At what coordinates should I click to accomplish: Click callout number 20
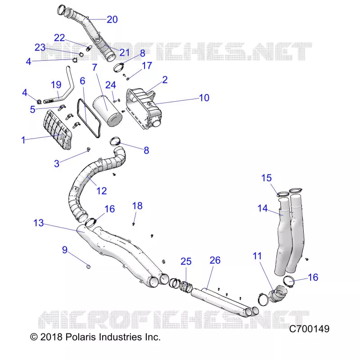[112, 19]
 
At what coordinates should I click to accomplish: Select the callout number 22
[59, 38]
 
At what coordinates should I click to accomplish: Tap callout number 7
[94, 67]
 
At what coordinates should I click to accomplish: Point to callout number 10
[204, 98]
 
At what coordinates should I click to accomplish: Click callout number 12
[102, 191]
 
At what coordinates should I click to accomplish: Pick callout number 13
[39, 223]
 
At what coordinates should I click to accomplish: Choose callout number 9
[65, 250]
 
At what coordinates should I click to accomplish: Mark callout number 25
[186, 261]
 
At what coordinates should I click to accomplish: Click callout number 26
[215, 260]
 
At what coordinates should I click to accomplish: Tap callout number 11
[257, 256]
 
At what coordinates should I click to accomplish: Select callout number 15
[266, 178]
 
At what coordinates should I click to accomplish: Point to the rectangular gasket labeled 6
[89, 118]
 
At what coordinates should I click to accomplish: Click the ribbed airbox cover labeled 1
[58, 130]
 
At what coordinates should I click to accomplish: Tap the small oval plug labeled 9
[88, 266]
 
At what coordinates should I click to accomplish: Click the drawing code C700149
[309, 329]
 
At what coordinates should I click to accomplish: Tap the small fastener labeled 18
[134, 224]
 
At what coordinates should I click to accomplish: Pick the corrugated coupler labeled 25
[186, 286]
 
